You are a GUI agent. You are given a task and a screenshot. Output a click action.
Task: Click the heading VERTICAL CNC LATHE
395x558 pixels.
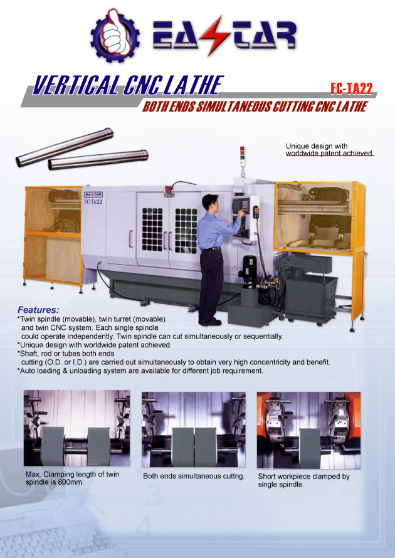128,85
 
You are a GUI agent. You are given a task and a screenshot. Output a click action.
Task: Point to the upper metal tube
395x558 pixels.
65,147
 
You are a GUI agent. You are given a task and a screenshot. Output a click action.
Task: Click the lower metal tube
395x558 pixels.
98,160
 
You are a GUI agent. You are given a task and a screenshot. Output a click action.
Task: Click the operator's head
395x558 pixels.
209,203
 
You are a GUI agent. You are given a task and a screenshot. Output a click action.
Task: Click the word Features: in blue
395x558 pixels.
38,310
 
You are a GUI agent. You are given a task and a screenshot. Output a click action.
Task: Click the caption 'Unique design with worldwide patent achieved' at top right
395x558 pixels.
329,149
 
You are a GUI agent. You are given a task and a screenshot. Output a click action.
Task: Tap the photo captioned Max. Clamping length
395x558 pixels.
76,429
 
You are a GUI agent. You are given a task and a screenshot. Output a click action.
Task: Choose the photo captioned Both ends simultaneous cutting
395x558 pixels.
194,430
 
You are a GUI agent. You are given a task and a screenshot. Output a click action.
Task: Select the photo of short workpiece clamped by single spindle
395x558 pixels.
308,430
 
